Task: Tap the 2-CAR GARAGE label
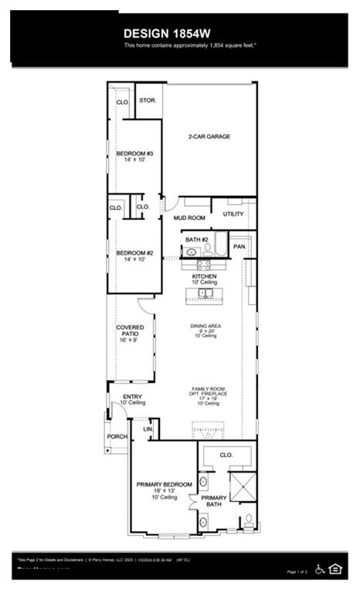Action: (209, 137)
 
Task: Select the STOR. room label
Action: (148, 101)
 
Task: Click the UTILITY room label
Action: (233, 214)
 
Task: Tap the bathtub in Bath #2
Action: (220, 246)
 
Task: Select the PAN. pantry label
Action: (239, 246)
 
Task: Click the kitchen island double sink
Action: (205, 293)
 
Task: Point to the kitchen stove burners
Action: (203, 265)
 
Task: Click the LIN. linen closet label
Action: (148, 429)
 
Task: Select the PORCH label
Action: (117, 436)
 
